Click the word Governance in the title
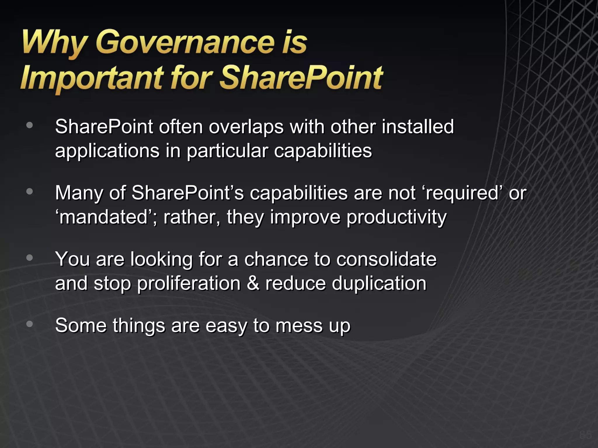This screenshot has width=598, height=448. [185, 43]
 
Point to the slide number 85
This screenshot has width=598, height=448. [585, 435]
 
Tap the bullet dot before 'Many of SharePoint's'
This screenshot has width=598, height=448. [29, 192]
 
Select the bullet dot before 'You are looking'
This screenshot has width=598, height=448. [29, 258]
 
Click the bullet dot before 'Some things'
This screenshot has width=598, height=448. [29, 324]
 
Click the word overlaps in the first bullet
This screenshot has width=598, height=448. [246, 127]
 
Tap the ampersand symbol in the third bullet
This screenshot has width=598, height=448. [253, 283]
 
